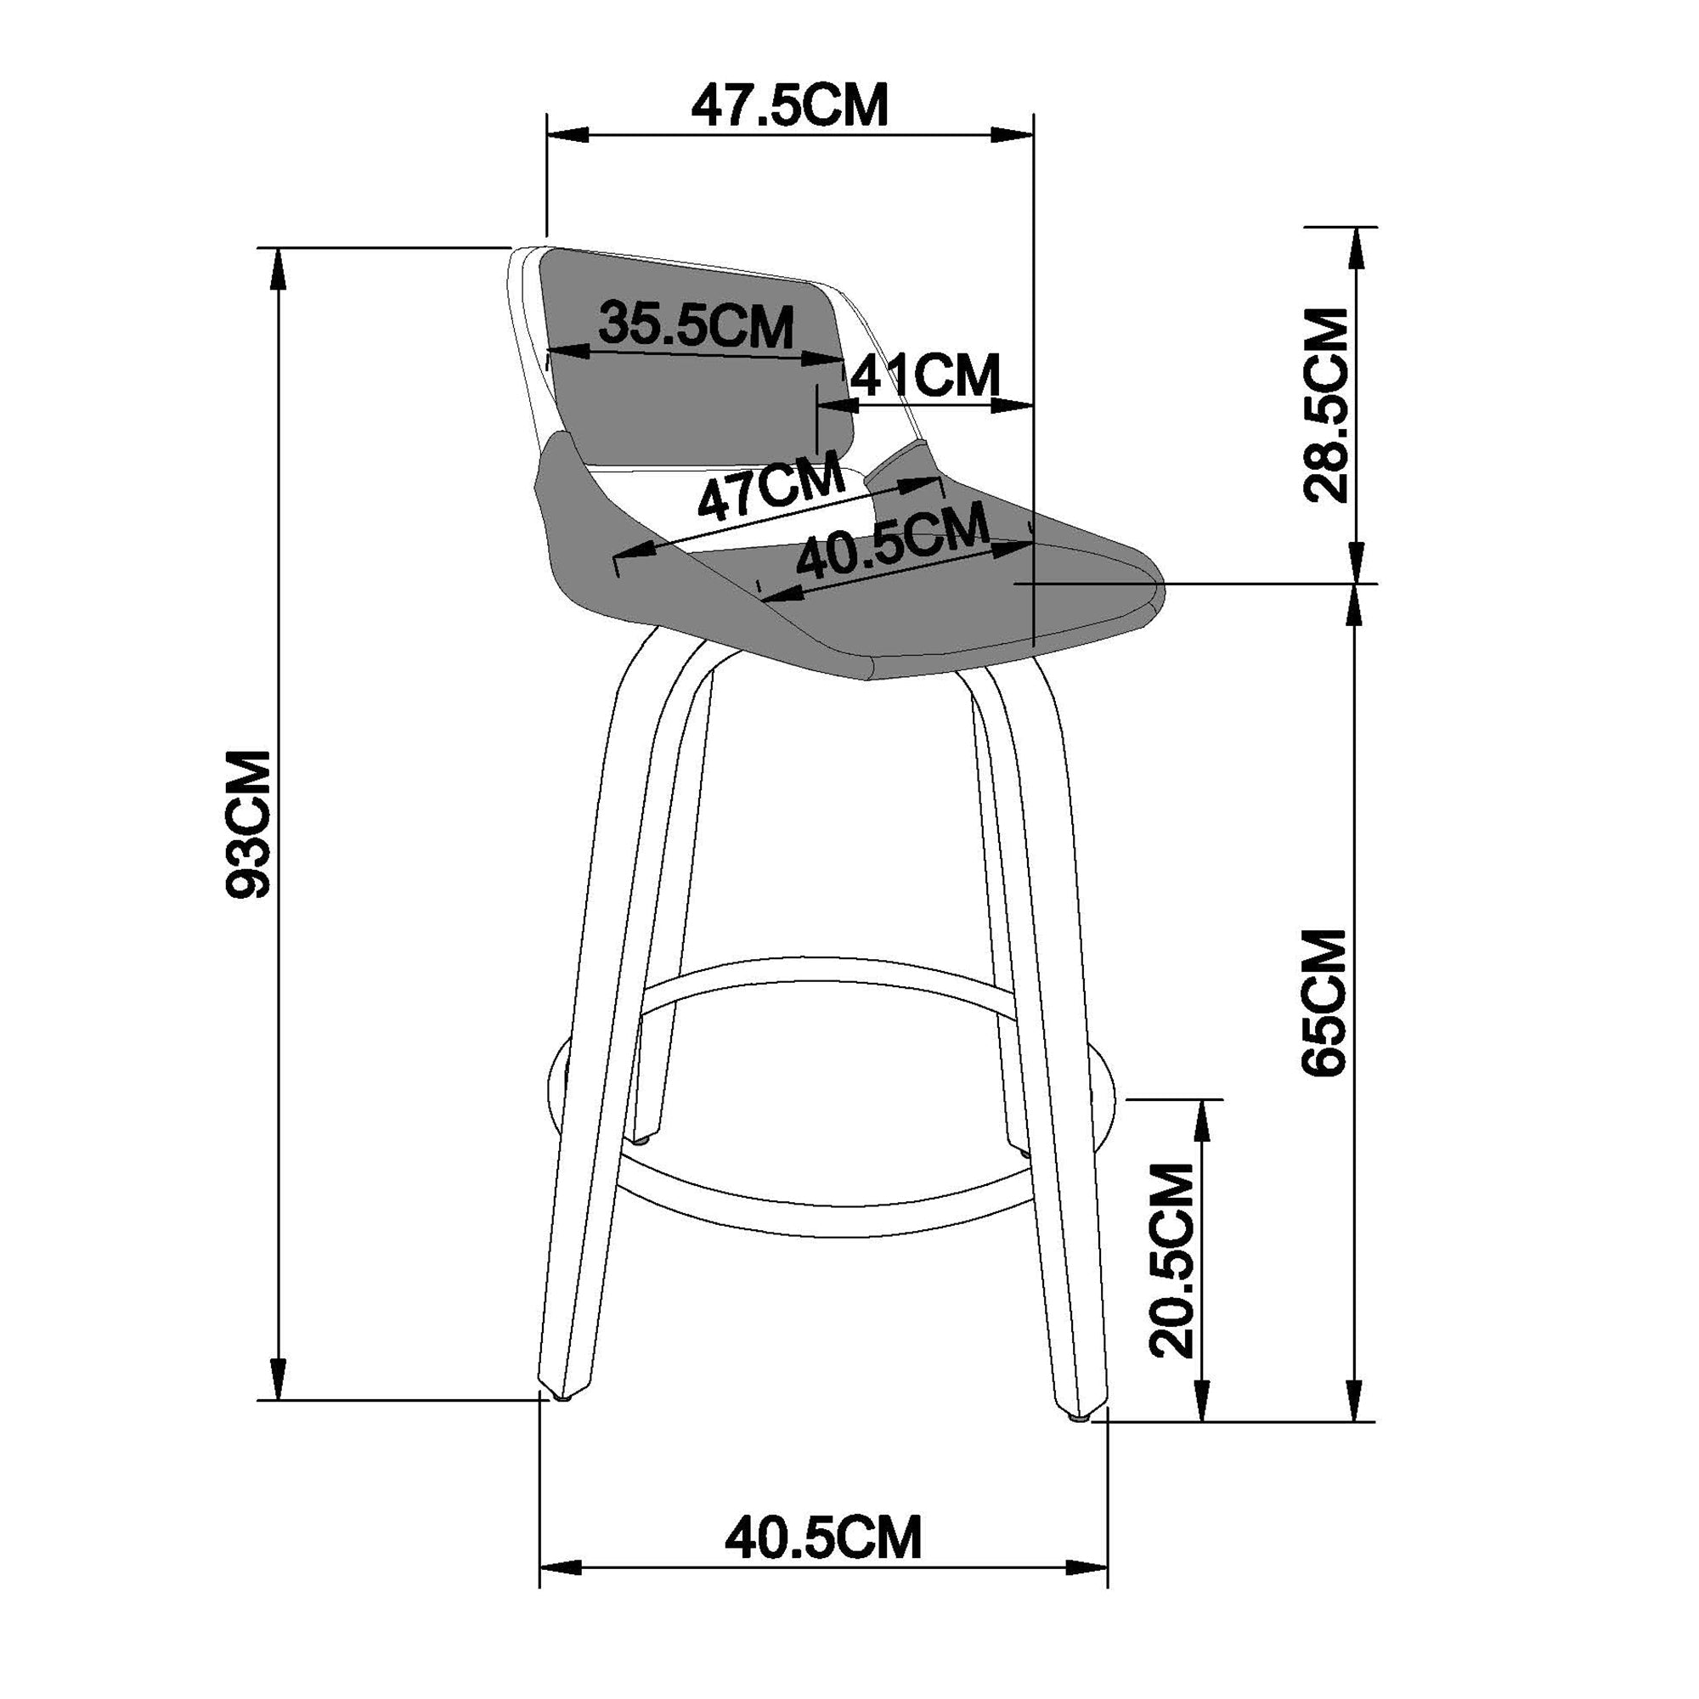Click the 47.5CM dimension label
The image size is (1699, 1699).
(x=789, y=106)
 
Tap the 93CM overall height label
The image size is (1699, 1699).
(x=249, y=824)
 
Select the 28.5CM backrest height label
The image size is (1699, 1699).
(x=1325, y=405)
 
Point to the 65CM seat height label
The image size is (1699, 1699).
(x=1324, y=1002)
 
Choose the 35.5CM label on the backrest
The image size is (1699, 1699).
(x=696, y=325)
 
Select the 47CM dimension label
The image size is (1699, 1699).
(x=770, y=490)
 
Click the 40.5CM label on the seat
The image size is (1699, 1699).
(x=891, y=546)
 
